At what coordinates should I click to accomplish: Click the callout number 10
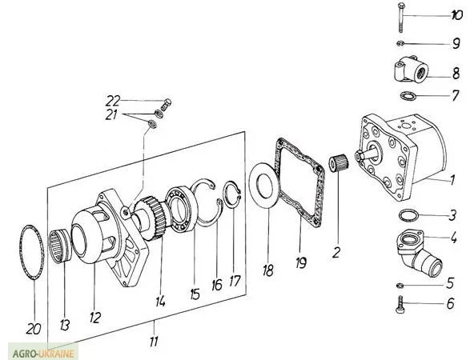(456, 15)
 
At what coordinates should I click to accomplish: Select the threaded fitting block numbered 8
(411, 70)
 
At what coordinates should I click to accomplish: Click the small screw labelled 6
(400, 304)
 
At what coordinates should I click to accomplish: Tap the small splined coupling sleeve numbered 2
(339, 164)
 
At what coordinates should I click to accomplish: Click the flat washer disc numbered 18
(263, 185)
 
